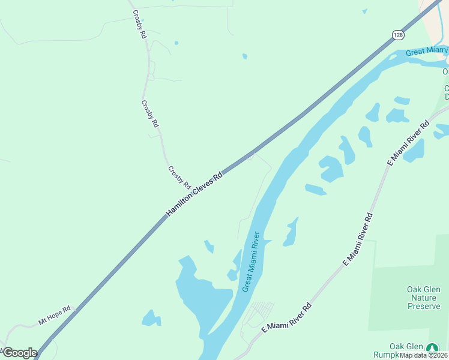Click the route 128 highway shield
(x=399, y=35)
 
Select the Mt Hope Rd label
(x=55, y=315)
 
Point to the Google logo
(x=20, y=352)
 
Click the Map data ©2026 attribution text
(x=424, y=355)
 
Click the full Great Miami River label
(x=251, y=262)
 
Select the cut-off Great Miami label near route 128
(x=426, y=52)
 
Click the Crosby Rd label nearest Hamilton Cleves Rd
(x=179, y=177)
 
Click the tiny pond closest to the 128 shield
(x=364, y=11)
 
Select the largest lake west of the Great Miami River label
(x=202, y=294)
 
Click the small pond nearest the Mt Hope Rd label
(x=151, y=318)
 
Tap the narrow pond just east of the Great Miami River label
(x=291, y=232)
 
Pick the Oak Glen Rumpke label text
(x=406, y=350)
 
